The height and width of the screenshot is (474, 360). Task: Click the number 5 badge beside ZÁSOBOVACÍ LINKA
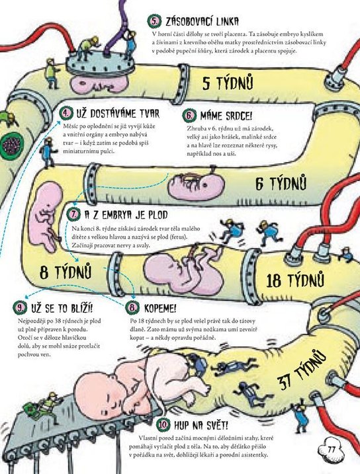click(x=154, y=21)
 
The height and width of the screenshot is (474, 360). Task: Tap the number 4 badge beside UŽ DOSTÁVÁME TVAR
click(x=66, y=113)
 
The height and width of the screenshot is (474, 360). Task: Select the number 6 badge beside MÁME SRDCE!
click(x=189, y=115)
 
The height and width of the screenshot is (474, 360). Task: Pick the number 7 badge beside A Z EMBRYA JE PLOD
click(x=73, y=214)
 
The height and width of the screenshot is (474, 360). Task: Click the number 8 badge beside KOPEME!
click(x=132, y=308)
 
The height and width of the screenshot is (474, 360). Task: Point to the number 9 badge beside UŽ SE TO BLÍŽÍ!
click(x=20, y=308)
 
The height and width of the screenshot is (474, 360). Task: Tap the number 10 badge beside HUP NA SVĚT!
click(x=163, y=424)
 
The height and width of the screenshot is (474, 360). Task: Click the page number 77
click(x=331, y=450)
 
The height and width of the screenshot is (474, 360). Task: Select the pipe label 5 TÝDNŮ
click(x=228, y=82)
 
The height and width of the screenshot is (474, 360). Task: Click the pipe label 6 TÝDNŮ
click(x=281, y=182)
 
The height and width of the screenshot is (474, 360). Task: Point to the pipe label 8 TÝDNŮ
click(x=66, y=271)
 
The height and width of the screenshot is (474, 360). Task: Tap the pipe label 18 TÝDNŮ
click(x=295, y=280)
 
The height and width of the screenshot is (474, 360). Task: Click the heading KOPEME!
click(x=160, y=308)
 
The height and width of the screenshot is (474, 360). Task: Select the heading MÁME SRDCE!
click(x=226, y=116)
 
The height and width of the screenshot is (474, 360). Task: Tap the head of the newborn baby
click(x=96, y=393)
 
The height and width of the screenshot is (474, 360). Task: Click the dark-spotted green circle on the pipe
click(x=11, y=145)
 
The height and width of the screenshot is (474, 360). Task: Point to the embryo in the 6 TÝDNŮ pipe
click(x=197, y=186)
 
